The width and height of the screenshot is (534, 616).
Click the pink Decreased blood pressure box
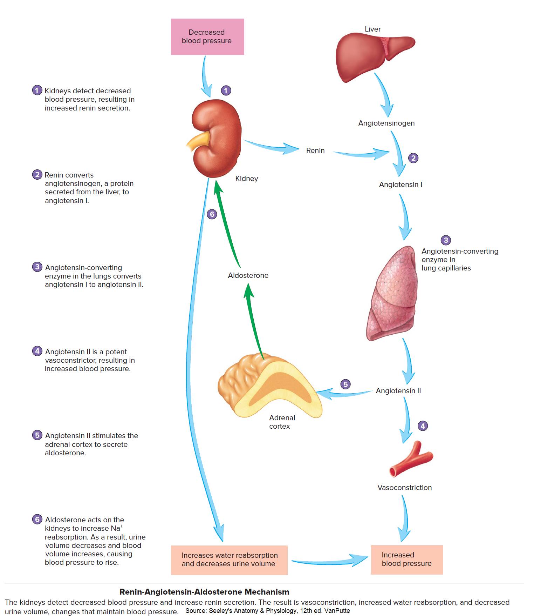point(207,37)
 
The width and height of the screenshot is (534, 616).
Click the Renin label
point(315,150)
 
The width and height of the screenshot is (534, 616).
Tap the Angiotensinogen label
point(386,123)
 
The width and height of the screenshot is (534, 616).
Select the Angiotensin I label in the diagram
point(400,185)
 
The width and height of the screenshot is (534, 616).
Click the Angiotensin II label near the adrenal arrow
point(398,391)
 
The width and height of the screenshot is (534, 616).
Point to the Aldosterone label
point(248,275)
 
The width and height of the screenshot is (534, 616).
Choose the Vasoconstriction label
point(405,488)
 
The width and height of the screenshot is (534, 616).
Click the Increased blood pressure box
point(407,560)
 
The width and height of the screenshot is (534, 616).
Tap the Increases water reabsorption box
point(229,560)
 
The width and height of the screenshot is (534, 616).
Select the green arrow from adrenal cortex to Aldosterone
point(254,321)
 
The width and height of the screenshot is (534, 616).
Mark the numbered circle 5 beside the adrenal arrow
point(345,384)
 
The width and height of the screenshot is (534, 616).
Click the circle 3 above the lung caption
point(446,240)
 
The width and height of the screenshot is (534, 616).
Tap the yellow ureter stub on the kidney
point(198,140)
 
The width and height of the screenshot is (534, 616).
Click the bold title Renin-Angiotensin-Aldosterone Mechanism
point(204,592)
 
